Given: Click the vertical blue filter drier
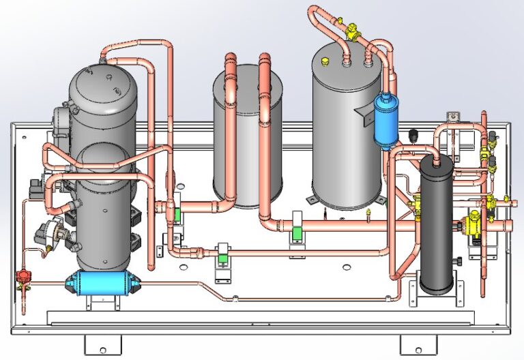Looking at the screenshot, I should [383, 119].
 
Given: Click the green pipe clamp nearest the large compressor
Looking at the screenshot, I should [176, 213].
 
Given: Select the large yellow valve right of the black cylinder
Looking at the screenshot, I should [471, 223].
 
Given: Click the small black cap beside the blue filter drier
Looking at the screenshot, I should [412, 134].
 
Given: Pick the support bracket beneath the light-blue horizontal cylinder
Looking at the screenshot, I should [99, 301].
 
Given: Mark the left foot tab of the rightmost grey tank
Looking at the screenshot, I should [311, 199].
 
